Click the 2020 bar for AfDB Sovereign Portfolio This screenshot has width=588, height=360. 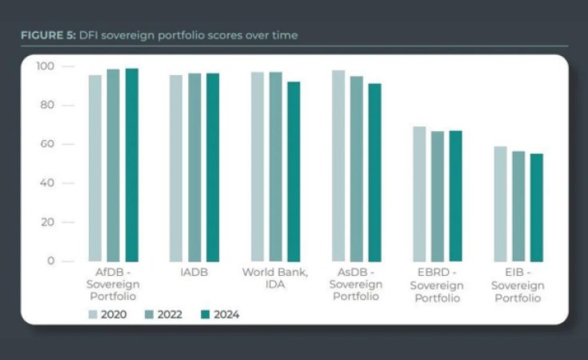click(95, 168)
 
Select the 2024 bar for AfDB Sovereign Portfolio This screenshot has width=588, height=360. click(131, 164)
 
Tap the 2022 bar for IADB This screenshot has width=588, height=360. click(194, 167)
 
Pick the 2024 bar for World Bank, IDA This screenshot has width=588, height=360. click(294, 171)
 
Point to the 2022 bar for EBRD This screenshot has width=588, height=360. click(438, 196)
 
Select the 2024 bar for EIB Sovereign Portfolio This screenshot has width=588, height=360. click(536, 207)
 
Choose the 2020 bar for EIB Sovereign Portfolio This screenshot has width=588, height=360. click(500, 203)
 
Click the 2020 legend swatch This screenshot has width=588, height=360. click(94, 314)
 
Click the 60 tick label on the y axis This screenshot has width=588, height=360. click(47, 144)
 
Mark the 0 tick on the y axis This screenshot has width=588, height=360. click(50, 261)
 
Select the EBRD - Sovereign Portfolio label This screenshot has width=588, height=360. click(438, 285)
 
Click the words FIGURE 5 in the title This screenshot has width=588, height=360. click(47, 36)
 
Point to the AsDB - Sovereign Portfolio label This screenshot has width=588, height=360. click(356, 285)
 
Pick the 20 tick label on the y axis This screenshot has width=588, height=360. click(47, 222)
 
